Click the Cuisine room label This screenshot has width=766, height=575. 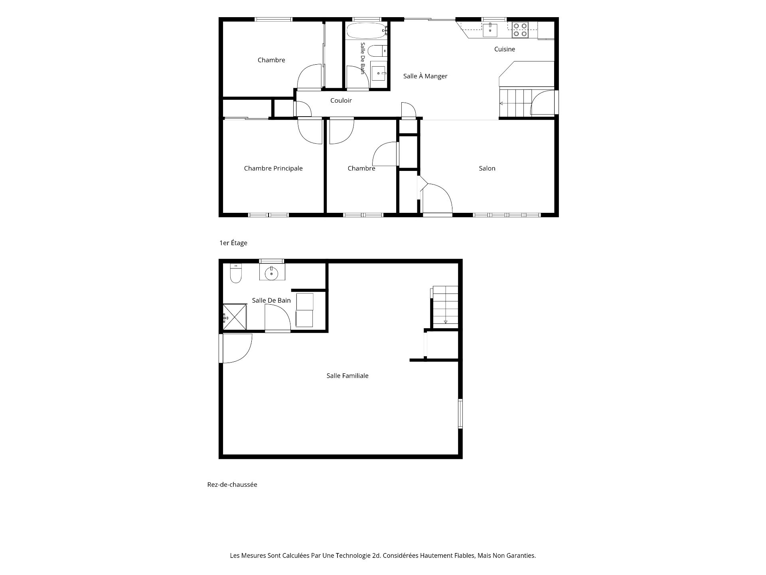point(504,49)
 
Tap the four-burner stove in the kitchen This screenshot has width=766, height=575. point(520,30)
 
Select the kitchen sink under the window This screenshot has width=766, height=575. point(490,30)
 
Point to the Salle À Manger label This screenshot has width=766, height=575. point(425,76)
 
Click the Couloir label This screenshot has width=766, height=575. point(341,100)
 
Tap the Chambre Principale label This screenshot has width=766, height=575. point(273,168)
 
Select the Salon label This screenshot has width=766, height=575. point(487,168)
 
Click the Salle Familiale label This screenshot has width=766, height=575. point(347,375)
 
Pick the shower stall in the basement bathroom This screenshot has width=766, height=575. point(235,317)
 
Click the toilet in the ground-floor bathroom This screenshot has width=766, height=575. point(236,274)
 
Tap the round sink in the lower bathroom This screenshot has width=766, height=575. point(272,272)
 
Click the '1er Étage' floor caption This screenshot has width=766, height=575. point(233,243)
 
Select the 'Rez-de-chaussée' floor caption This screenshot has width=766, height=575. point(232,484)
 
